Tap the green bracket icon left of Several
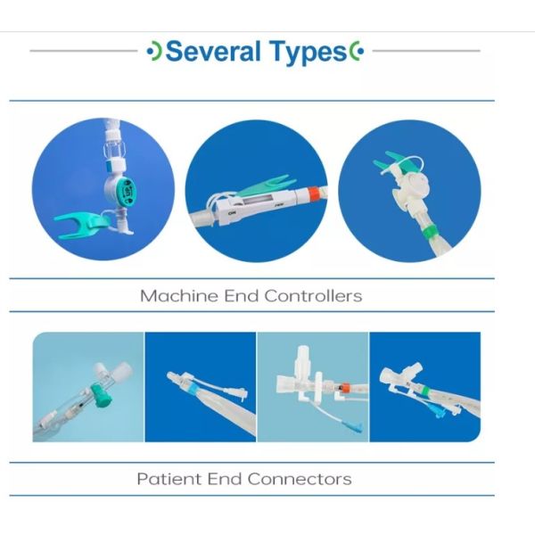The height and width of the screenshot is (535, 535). point(154,52)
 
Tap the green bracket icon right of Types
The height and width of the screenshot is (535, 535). point(357,52)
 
